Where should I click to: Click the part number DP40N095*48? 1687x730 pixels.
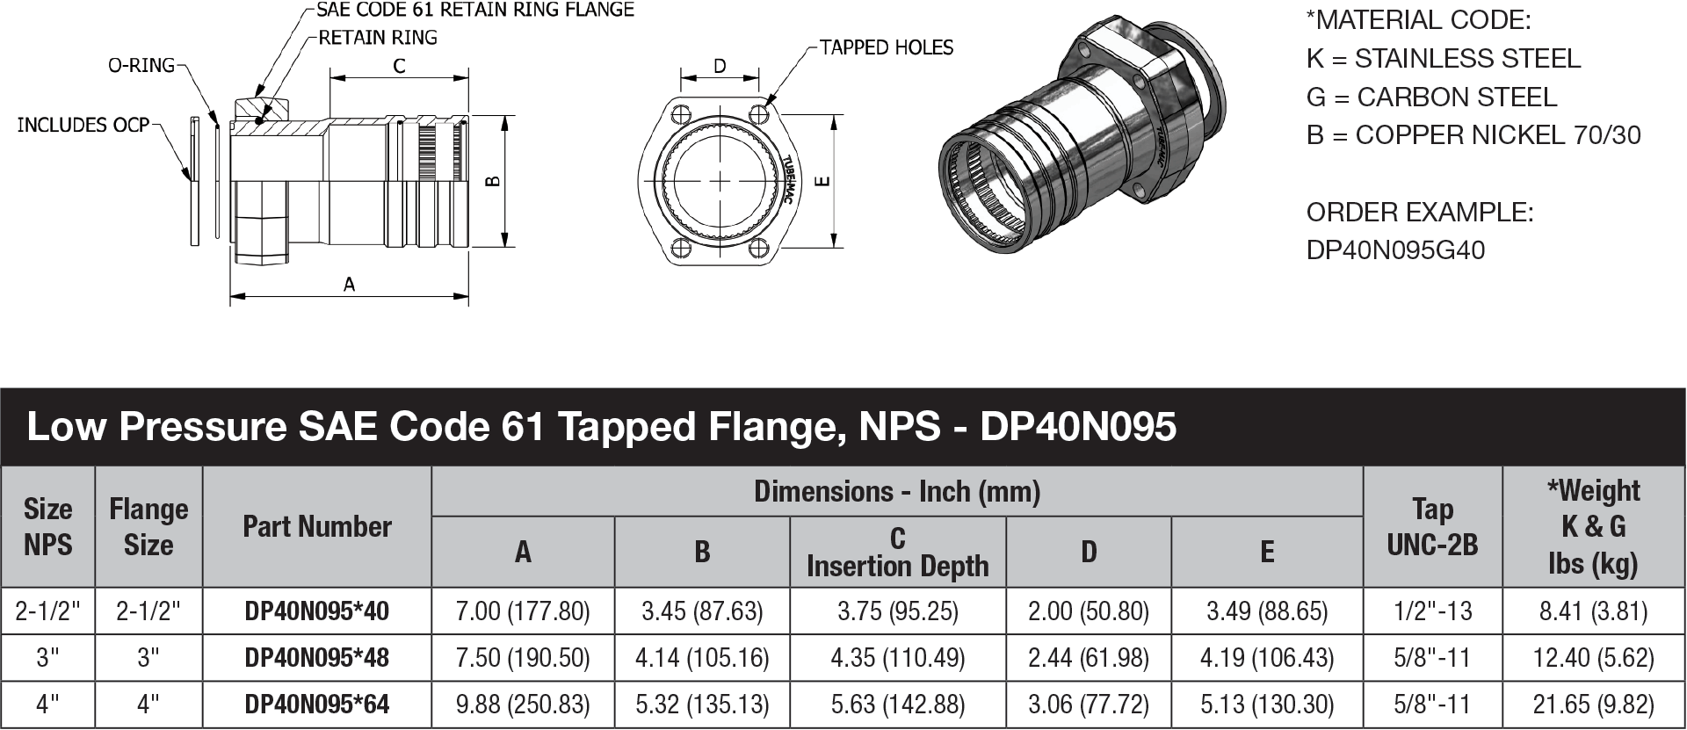click(x=316, y=658)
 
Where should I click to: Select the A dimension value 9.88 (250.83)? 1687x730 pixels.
click(x=523, y=705)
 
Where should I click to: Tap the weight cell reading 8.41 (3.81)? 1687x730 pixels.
click(x=1593, y=611)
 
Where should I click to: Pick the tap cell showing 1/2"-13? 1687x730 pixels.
click(x=1432, y=611)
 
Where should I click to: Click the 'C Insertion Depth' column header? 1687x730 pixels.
click(x=897, y=552)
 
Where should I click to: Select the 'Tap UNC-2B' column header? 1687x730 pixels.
click(x=1432, y=526)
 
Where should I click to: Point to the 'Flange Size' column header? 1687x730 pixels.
click(x=148, y=526)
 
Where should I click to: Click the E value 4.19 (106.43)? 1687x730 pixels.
click(x=1266, y=658)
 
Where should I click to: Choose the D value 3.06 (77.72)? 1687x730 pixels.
click(x=1088, y=705)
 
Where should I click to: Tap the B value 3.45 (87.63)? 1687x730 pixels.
click(x=701, y=611)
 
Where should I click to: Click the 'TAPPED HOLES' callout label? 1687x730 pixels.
click(x=886, y=47)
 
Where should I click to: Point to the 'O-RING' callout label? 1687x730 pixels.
click(x=141, y=65)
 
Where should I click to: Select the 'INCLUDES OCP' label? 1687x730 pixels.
click(x=83, y=125)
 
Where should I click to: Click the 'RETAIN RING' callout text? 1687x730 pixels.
click(x=378, y=38)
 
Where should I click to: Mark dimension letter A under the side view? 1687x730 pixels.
click(x=349, y=284)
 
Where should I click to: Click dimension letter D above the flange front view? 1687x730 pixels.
click(x=720, y=66)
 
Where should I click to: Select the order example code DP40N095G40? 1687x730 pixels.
click(x=1395, y=250)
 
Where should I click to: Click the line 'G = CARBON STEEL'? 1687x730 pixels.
click(x=1431, y=97)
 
